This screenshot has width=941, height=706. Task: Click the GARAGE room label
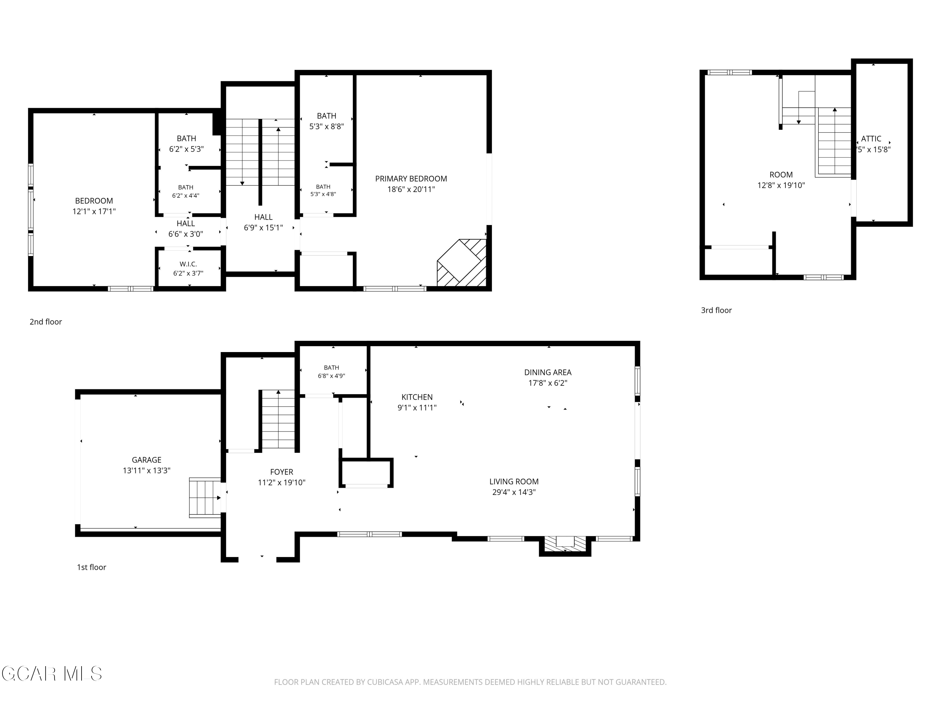(x=146, y=460)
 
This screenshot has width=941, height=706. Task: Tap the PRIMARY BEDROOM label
(x=411, y=179)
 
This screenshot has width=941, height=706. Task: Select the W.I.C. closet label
(x=188, y=264)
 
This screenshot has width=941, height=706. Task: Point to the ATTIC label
(x=871, y=139)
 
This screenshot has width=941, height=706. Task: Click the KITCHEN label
(x=417, y=397)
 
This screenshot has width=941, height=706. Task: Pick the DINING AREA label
(x=547, y=372)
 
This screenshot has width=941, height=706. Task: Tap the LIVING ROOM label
(x=514, y=482)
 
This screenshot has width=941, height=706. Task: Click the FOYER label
(x=282, y=472)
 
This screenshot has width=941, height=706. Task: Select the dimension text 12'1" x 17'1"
(x=94, y=211)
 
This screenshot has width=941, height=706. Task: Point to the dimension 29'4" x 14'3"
(x=514, y=492)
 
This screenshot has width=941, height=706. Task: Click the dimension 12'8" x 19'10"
(x=781, y=185)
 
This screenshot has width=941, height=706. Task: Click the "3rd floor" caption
(x=716, y=311)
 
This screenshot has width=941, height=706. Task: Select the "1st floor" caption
(x=92, y=567)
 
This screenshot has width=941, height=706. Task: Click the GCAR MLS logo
(x=51, y=674)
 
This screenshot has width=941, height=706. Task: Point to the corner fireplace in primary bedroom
(x=462, y=263)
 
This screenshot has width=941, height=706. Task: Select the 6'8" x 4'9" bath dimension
(x=332, y=376)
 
